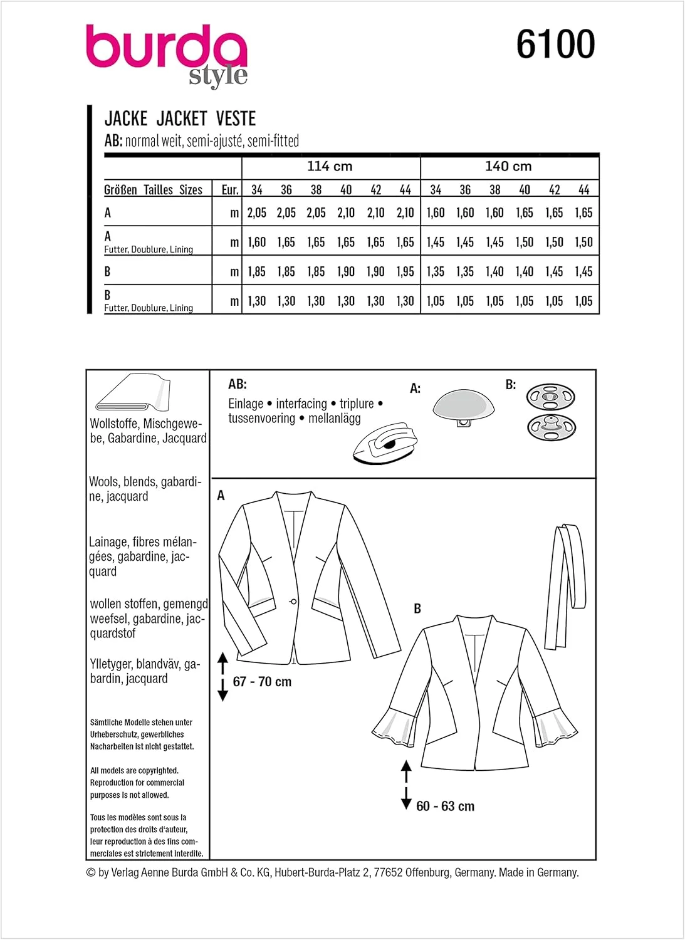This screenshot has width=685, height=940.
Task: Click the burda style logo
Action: tap(167, 55)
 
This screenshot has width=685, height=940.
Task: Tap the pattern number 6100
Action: tap(555, 44)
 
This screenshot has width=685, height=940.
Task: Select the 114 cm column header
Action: tap(330, 167)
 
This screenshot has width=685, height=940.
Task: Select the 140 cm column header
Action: tap(508, 167)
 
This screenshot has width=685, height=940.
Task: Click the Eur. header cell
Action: tap(230, 190)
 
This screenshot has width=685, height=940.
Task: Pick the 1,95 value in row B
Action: tap(405, 272)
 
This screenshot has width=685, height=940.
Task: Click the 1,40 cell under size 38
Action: tap(494, 272)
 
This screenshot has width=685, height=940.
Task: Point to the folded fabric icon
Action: tap(132, 393)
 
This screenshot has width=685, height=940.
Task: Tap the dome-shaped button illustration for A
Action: tap(463, 407)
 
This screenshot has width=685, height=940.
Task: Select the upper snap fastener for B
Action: tap(550, 397)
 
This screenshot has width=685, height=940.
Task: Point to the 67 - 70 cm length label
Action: tap(262, 682)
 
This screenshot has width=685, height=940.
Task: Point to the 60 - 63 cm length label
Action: tap(445, 807)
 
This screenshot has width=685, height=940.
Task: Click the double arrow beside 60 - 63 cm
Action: tap(406, 785)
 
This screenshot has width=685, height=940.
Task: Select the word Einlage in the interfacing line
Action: tap(246, 404)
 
